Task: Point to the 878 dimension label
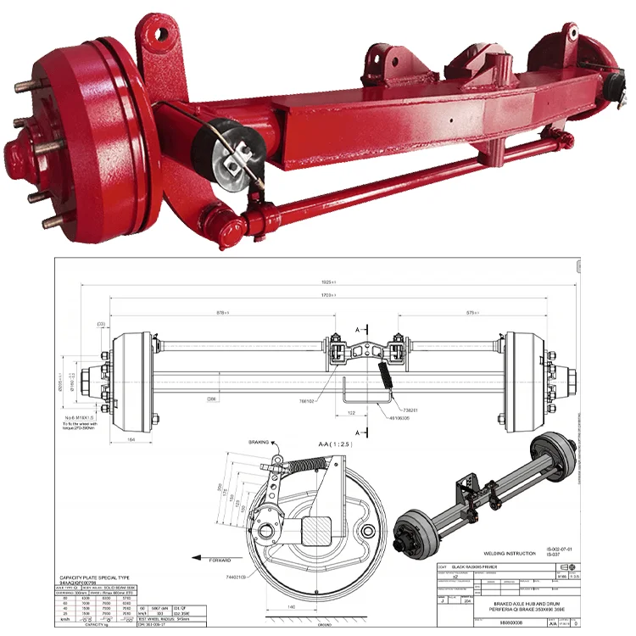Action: tap(224, 313)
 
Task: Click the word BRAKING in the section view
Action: tap(258, 443)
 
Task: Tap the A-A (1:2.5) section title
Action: tap(316, 442)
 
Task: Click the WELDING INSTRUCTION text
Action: tap(509, 554)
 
